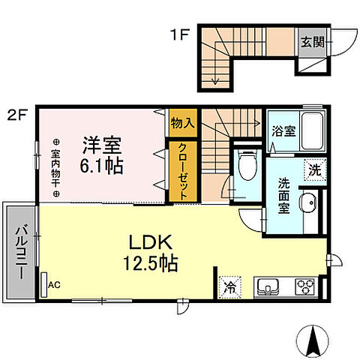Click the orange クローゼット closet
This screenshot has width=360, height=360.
[182, 170]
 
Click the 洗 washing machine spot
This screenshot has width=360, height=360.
[313, 170]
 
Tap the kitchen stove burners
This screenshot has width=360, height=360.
[304, 286]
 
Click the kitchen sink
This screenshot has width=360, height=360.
[268, 286]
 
